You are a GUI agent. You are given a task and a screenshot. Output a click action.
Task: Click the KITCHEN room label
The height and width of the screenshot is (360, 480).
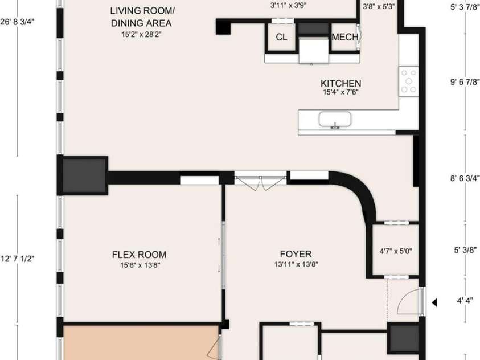[341, 83]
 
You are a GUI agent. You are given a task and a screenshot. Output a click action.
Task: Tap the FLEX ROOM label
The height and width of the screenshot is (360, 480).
[139, 255]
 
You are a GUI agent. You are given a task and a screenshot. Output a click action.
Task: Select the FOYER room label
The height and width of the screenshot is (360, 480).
[296, 254]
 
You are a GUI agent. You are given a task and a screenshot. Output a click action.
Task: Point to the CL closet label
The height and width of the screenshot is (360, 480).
[281, 38]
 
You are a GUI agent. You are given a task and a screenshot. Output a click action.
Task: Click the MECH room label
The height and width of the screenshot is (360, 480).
[345, 38]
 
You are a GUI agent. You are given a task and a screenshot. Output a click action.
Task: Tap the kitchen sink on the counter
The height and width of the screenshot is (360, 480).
[335, 120]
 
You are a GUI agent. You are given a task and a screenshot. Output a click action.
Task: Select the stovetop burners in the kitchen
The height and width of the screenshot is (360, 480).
[408, 81]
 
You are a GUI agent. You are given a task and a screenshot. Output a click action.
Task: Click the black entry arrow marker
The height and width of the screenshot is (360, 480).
[434, 302]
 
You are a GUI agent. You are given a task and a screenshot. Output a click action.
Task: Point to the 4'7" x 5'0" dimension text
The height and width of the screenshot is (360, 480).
[396, 251]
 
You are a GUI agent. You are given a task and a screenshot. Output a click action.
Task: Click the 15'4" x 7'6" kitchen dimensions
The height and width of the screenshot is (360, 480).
[341, 92]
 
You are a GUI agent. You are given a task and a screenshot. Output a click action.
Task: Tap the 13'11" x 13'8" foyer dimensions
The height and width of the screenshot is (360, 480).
[296, 264]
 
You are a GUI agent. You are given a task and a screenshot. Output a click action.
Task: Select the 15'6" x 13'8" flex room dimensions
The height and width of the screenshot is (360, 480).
[139, 264]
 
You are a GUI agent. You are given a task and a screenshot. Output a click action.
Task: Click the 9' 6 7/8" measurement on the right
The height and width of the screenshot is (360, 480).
[465, 81]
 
